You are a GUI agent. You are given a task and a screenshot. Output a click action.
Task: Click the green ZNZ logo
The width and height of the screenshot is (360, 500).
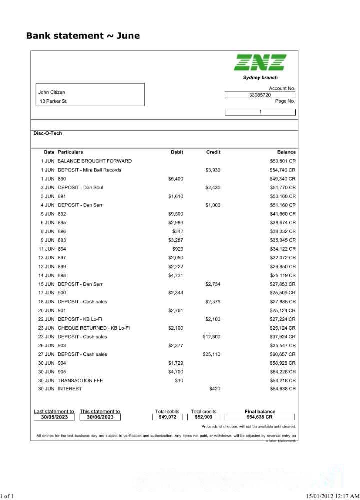tap(260, 62)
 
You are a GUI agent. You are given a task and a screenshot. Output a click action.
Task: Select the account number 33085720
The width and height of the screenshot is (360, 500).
tap(260, 95)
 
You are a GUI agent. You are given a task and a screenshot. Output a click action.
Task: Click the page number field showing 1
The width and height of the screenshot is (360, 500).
tap(260, 112)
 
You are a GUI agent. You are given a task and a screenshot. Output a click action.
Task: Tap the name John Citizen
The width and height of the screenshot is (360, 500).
tap(52, 92)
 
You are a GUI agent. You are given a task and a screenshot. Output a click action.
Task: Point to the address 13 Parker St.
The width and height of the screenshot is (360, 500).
tap(54, 101)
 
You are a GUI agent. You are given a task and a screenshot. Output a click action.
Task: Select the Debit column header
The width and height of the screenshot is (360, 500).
tap(177, 152)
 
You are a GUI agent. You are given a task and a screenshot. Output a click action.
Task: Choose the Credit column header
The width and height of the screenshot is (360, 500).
tap(213, 152)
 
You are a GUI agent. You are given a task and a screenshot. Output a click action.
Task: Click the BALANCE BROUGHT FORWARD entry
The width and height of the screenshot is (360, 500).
tap(95, 161)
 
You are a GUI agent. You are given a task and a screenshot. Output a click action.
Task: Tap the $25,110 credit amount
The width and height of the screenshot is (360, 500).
tap(211, 354)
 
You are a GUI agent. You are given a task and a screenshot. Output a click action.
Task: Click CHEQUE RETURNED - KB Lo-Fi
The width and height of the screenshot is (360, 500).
tap(94, 328)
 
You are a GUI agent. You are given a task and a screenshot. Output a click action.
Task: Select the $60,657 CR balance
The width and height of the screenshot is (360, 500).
tap(283, 354)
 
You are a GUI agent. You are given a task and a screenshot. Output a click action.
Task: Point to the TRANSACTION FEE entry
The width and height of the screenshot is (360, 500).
tap(80, 381)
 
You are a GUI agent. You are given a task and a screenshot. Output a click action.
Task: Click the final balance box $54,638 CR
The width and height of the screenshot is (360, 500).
tap(260, 417)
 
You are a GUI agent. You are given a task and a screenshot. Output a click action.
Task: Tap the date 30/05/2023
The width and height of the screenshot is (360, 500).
tap(54, 417)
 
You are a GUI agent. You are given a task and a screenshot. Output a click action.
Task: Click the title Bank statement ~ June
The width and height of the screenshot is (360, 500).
tap(83, 36)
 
